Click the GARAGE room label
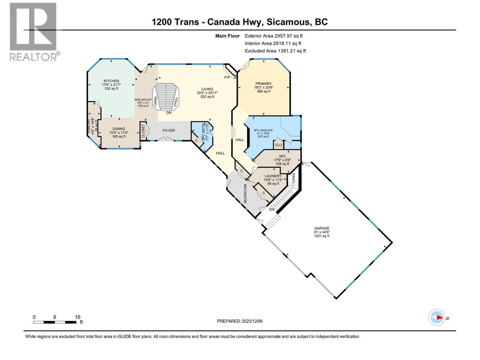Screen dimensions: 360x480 click(321, 228)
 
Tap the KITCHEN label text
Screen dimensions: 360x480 click(111, 81)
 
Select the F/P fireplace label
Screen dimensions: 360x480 click(227, 77)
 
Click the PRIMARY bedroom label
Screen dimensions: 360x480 click(263, 84)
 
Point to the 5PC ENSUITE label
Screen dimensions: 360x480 click(263, 130)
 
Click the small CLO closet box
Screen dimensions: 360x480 click(278, 145)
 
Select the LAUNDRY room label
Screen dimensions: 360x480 click(273, 176)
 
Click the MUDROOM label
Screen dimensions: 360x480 click(245, 193)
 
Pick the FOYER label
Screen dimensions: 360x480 click(169, 130)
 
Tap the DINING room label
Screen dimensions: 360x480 click(119, 129)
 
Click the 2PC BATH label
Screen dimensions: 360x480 click(204, 132)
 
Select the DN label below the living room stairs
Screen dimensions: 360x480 click(169, 113)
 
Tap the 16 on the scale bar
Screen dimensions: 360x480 click(78, 317)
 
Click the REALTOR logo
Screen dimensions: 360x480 click(33, 31)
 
